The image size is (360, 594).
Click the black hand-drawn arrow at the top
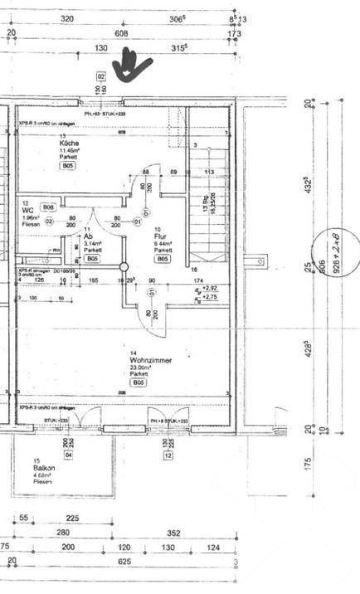(x=131, y=66)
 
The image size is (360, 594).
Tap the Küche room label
(x=68, y=144)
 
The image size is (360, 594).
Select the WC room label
(x=27, y=211)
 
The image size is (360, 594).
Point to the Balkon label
(x=44, y=468)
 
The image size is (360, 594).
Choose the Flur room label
(x=161, y=236)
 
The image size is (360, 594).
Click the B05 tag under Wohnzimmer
(x=139, y=382)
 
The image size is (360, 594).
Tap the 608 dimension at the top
(x=121, y=34)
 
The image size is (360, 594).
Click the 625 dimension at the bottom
(x=124, y=562)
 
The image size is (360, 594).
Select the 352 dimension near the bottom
(x=173, y=533)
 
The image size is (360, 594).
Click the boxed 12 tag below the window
(x=168, y=455)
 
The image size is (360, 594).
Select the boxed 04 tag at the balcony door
(x=68, y=455)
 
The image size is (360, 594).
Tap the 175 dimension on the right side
(x=308, y=463)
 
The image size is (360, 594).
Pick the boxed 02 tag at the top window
(x=101, y=75)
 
